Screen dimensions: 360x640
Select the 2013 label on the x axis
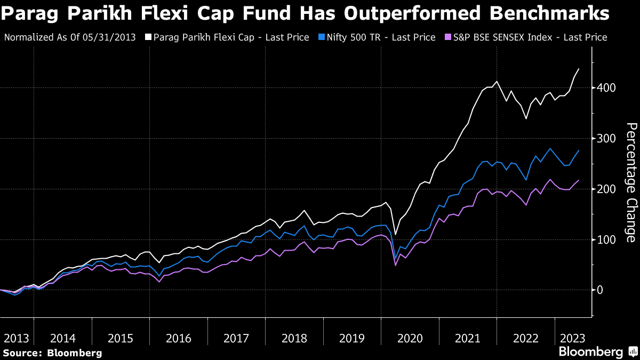[17, 338]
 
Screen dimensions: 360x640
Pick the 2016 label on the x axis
[179, 338]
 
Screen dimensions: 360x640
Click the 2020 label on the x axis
[410, 338]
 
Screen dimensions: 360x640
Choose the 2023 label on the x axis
[571, 338]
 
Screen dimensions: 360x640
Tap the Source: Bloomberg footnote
[52, 353]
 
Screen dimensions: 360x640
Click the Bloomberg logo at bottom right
[591, 352]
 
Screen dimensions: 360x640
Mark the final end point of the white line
[579, 69]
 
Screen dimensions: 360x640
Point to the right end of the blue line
[579, 150]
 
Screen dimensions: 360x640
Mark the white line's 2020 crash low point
[395, 235]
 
